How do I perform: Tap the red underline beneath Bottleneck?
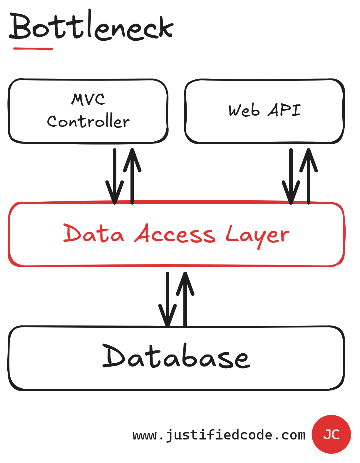click(33, 49)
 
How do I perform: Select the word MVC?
click(88, 99)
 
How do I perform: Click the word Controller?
click(88, 121)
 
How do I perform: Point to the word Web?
click(244, 111)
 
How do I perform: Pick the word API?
click(284, 110)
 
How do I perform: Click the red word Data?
click(93, 234)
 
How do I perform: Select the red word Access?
click(175, 234)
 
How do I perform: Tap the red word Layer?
click(257, 235)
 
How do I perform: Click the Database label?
click(176, 357)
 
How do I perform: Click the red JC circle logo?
click(331, 434)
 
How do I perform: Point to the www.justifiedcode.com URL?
click(219, 435)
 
